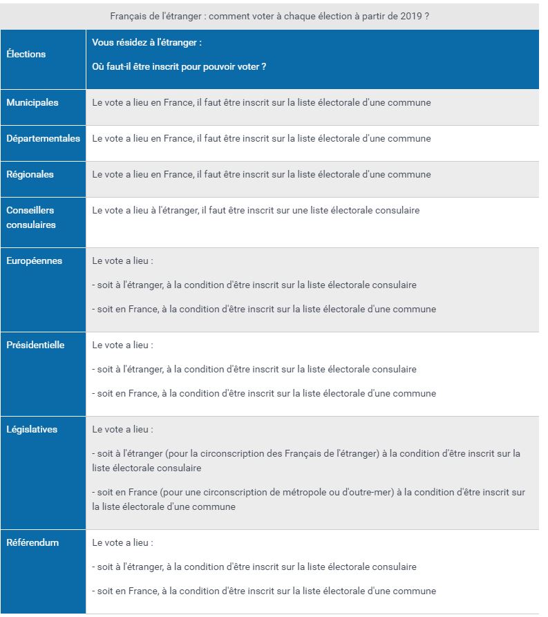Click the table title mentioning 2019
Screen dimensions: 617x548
[x=270, y=16]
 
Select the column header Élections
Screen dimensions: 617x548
[x=26, y=54]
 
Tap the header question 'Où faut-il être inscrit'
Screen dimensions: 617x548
[x=179, y=66]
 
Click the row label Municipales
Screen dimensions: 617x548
[x=32, y=102]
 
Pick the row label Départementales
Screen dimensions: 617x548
[x=43, y=138]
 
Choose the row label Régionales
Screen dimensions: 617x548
[x=30, y=174]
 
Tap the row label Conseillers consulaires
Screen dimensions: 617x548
[x=31, y=217]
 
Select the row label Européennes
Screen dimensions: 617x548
[x=35, y=260]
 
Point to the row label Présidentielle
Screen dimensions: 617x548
[x=35, y=345]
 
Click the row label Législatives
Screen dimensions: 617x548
[x=32, y=429]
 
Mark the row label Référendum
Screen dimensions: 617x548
[x=32, y=542]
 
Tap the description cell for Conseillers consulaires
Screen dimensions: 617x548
[x=256, y=210]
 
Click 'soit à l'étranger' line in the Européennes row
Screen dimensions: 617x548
[x=254, y=285]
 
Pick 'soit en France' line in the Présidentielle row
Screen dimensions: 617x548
[x=264, y=393]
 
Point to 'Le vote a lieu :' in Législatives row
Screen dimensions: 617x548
[x=122, y=429]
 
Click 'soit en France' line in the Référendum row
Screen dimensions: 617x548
[x=264, y=591]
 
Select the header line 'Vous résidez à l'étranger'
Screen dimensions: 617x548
[x=147, y=42]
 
